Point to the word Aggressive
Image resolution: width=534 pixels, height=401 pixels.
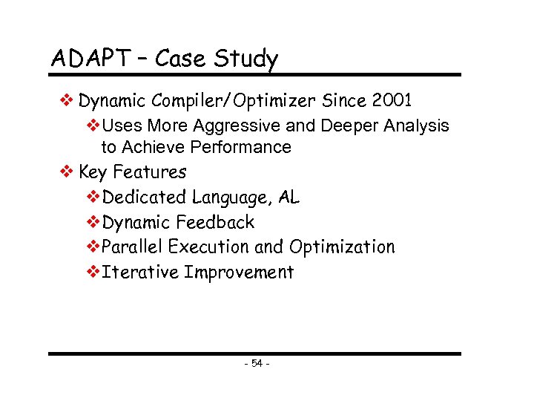pos(240,126)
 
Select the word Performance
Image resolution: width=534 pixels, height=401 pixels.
pos(240,147)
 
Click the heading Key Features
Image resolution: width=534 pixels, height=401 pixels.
pos(132,172)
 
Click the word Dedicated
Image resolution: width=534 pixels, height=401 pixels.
pos(145,198)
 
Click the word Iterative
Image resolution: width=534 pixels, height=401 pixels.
pos(140,272)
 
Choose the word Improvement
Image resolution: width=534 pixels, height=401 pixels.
pos(239,273)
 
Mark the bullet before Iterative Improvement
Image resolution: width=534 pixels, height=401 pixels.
pos(93,272)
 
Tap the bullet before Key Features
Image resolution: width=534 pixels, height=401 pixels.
pos(66,172)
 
